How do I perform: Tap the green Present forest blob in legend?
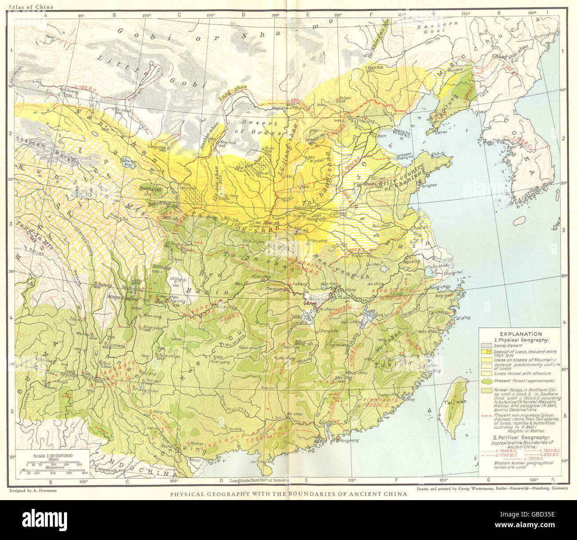(x=487, y=380)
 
